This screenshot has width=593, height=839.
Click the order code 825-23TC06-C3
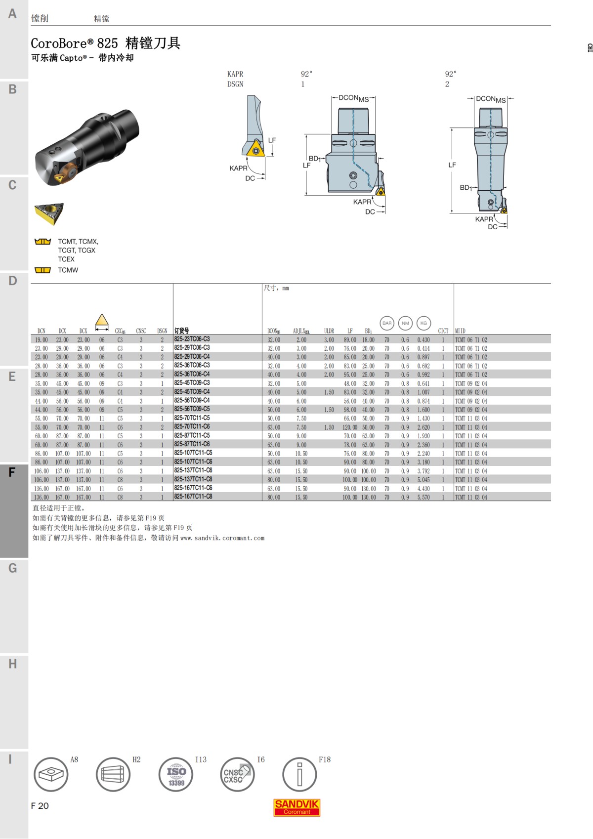click(192, 339)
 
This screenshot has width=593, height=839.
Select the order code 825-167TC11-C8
click(193, 497)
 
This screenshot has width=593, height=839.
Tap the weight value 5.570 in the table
click(424, 498)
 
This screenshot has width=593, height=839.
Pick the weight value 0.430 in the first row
click(424, 340)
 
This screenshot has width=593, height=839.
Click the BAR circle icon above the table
click(387, 323)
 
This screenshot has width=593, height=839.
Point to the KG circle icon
click(424, 323)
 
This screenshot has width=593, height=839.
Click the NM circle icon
click(405, 323)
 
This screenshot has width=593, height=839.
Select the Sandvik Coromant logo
click(297, 807)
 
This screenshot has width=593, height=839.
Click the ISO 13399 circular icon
click(176, 774)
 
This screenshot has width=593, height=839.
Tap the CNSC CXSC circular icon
click(237, 774)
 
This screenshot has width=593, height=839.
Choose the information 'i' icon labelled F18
click(299, 774)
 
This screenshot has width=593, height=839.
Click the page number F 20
click(40, 806)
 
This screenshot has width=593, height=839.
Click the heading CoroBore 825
click(106, 43)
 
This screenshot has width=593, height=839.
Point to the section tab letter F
click(12, 472)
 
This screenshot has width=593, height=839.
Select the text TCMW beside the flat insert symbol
click(68, 270)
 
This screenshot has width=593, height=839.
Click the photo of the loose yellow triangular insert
click(49, 213)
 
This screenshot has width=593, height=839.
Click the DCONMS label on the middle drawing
click(354, 98)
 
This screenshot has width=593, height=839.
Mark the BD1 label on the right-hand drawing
click(466, 188)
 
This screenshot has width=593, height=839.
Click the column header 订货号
click(182, 331)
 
